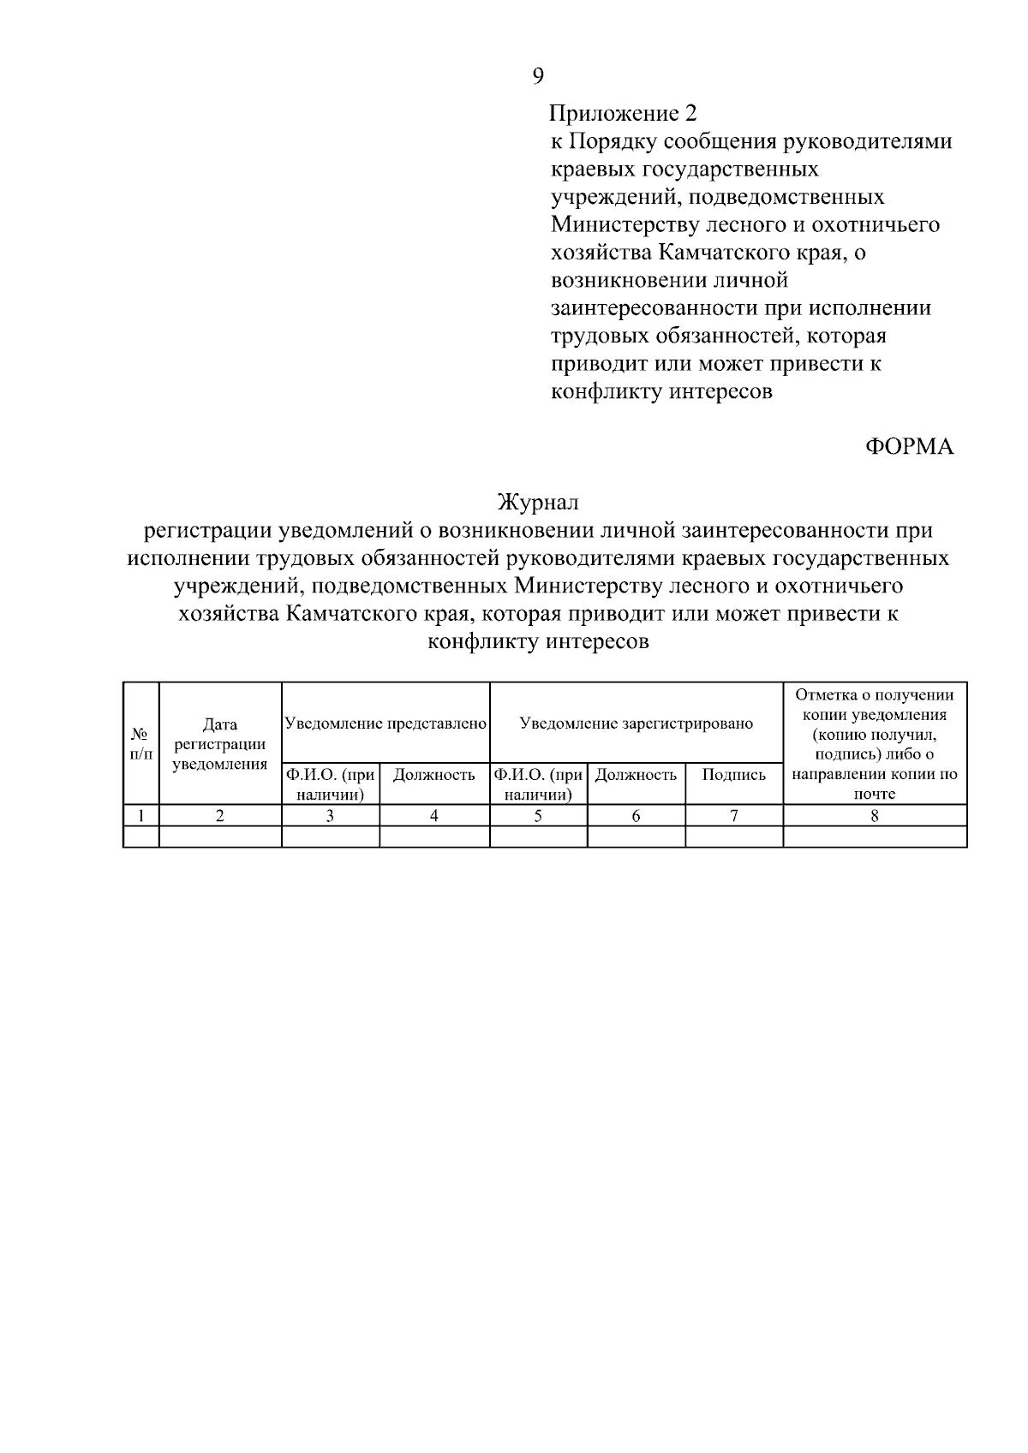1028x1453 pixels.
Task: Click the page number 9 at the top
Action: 538,76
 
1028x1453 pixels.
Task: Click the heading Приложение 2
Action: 623,113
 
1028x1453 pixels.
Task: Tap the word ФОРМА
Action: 909,447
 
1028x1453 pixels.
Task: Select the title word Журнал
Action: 538,503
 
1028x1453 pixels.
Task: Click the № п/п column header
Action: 141,743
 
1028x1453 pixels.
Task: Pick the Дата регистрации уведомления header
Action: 220,744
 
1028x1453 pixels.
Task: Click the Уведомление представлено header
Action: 385,724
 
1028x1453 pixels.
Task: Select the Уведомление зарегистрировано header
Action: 637,724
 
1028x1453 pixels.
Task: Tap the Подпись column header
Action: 734,775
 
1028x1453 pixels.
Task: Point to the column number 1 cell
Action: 141,816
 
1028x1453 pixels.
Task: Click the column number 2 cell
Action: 220,816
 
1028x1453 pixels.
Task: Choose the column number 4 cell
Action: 434,816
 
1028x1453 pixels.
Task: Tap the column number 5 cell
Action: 538,816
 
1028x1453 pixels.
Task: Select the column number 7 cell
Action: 734,816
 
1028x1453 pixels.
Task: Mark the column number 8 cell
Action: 875,816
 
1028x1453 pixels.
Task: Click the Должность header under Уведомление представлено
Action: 434,775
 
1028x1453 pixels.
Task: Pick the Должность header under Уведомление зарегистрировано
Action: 636,775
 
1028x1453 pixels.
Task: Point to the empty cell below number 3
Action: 330,837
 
